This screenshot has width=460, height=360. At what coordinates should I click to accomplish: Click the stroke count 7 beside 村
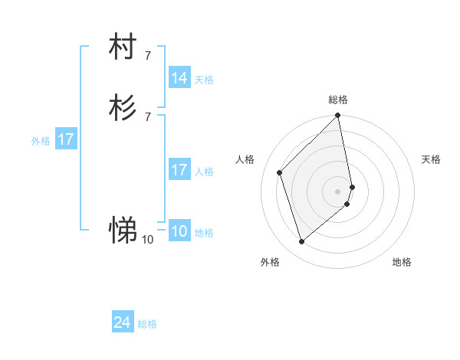point(148,55)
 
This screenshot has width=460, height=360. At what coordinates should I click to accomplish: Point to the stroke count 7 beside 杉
point(148,116)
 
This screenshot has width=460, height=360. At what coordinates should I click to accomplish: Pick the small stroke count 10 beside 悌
point(148,240)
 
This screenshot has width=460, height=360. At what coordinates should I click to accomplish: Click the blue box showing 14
point(179,78)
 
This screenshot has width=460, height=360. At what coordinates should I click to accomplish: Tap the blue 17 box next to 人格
point(179,170)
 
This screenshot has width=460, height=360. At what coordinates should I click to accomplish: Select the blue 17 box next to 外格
point(66,139)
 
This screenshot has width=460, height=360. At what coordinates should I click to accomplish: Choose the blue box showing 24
point(123,323)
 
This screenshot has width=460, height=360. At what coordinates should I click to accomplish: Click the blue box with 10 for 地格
point(179,231)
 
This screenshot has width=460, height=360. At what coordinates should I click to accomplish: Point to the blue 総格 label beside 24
point(147,324)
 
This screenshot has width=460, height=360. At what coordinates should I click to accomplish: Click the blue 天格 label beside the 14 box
point(204,79)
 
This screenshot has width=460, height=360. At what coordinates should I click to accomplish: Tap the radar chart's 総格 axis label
point(338,100)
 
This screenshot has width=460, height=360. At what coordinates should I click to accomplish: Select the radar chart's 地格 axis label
point(402,262)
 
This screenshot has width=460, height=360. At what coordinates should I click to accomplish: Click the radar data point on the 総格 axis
point(338,116)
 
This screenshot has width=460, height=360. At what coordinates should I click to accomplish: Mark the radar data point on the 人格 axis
point(280,172)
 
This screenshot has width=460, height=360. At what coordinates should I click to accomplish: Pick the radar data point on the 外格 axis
point(301,242)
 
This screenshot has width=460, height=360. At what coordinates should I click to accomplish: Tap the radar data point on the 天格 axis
point(353,187)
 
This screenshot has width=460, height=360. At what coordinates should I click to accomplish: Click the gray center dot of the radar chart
point(338,191)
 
